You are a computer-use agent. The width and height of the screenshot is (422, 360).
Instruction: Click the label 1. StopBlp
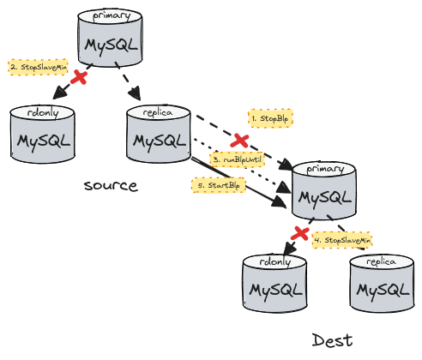[x=270, y=117]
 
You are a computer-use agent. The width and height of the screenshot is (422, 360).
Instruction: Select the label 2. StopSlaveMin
[x=38, y=65]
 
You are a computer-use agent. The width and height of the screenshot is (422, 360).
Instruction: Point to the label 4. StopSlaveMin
[x=342, y=240]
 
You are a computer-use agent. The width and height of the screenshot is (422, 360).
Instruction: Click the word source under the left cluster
[x=111, y=185]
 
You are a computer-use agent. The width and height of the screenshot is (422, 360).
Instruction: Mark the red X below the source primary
[x=79, y=78]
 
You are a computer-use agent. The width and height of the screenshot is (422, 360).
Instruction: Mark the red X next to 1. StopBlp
[x=241, y=139]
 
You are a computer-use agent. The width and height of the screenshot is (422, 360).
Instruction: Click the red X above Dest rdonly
[x=299, y=231]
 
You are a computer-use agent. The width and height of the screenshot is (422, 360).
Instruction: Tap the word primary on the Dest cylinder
[x=323, y=169]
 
